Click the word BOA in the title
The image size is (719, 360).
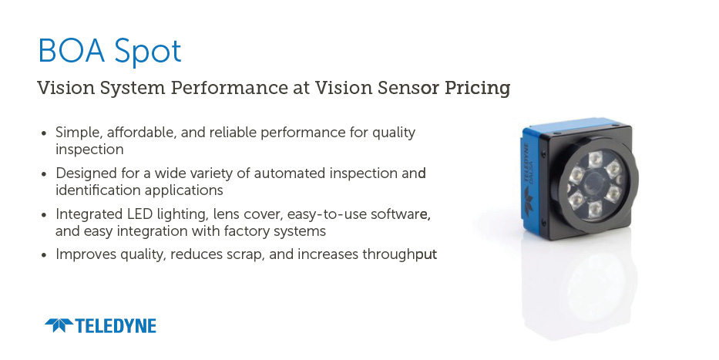tap(72, 50)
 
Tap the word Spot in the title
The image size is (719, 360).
tap(148, 52)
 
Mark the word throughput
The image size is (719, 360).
tap(399, 254)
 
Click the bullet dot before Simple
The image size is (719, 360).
tap(44, 134)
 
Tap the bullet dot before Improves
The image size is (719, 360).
tap(44, 255)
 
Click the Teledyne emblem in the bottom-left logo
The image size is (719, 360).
tap(59, 325)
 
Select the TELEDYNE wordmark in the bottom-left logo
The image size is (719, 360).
tap(116, 325)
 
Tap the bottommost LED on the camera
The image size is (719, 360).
tap(595, 209)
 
